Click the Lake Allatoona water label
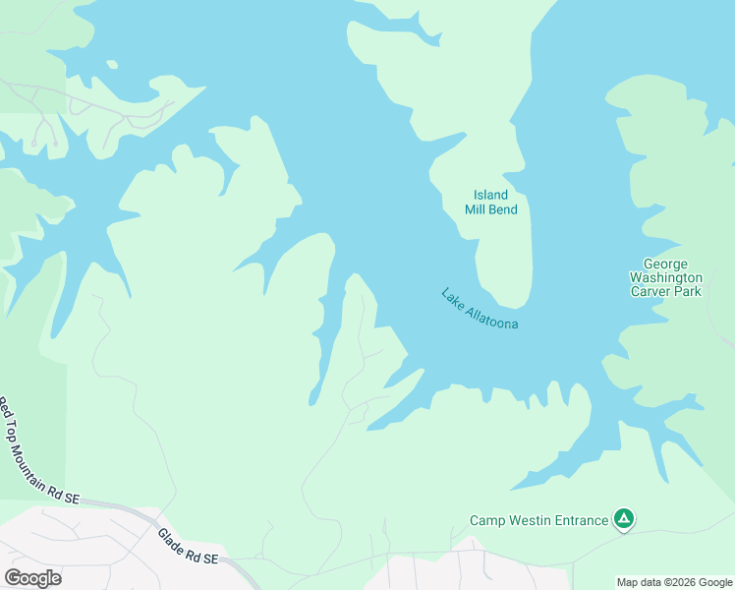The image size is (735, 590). (x=480, y=309)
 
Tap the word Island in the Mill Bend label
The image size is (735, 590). (x=490, y=195)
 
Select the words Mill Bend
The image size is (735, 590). (x=491, y=209)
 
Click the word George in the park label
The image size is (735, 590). (x=665, y=264)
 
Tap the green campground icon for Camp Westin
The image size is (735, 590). (x=623, y=518)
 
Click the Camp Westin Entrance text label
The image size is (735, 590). (x=538, y=520)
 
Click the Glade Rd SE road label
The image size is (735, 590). (x=188, y=547)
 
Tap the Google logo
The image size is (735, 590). (x=32, y=578)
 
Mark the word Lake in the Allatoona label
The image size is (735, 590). (x=451, y=296)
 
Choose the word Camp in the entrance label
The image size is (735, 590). (x=487, y=520)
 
